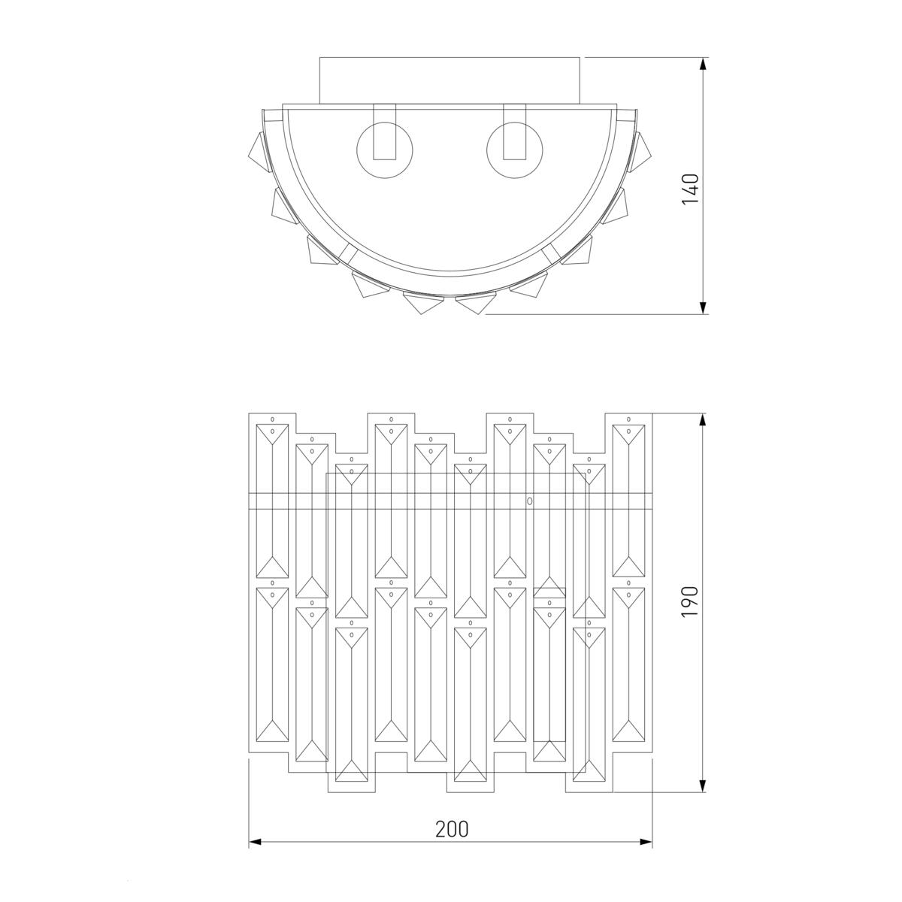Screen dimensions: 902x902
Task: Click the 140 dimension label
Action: click(x=690, y=189)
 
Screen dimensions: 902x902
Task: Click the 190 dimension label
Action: click(x=690, y=601)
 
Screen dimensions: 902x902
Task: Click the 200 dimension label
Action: click(x=452, y=829)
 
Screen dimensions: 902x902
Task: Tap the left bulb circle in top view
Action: click(x=385, y=150)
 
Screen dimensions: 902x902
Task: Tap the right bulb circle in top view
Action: click(x=514, y=150)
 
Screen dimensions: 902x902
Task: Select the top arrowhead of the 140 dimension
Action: click(x=702, y=64)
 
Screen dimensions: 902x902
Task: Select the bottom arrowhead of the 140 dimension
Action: click(x=702, y=307)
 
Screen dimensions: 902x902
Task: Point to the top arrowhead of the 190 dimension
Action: click(x=702, y=419)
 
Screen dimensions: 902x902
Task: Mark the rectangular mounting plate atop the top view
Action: click(x=449, y=80)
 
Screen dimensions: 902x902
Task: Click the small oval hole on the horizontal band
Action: click(x=529, y=501)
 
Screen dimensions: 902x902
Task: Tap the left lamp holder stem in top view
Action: click(x=385, y=132)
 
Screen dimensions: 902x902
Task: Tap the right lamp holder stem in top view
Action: click(x=514, y=132)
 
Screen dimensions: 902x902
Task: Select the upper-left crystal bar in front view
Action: click(x=272, y=501)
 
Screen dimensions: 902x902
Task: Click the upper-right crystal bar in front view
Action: click(x=628, y=501)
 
